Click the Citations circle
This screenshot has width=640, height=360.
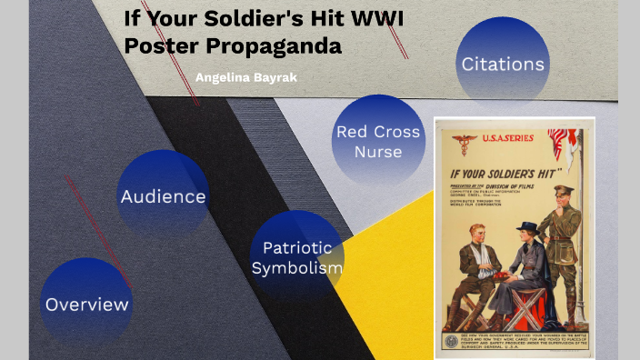pyautogui.click(x=503, y=65)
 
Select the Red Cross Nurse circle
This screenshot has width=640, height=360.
pyautogui.click(x=378, y=141)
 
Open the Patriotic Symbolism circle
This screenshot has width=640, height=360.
pyautogui.click(x=296, y=257)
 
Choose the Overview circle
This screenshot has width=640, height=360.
pyautogui.click(x=87, y=304)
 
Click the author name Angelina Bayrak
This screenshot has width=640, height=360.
pyautogui.click(x=246, y=77)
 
